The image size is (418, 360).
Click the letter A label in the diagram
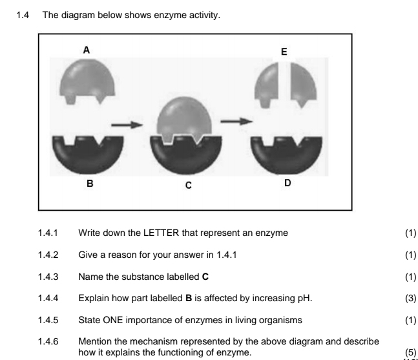point(86,49)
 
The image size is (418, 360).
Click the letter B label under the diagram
point(90,184)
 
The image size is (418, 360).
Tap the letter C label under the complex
point(188,185)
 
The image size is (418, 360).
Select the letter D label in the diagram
point(287,183)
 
